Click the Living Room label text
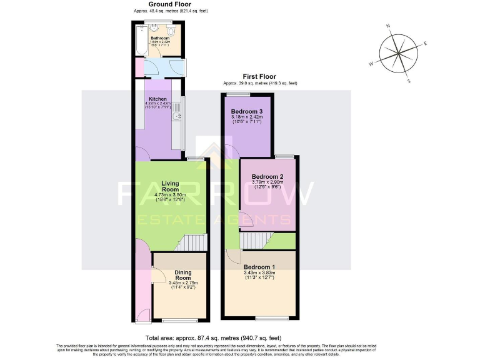click(x=171, y=186)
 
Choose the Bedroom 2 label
click(x=267, y=177)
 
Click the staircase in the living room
click(x=191, y=242)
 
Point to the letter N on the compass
click(x=388, y=26)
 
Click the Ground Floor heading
click(x=170, y=4)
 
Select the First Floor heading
click(x=260, y=77)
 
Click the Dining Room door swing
click(x=158, y=276)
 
